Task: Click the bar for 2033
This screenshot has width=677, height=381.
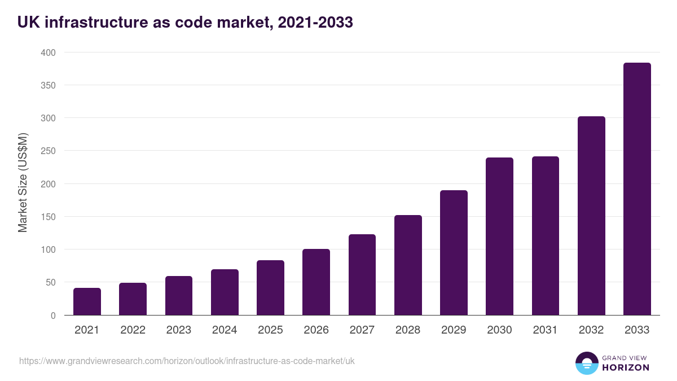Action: (x=637, y=189)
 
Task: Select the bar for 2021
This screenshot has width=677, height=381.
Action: (x=87, y=301)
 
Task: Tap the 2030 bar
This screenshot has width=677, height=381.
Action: (x=499, y=237)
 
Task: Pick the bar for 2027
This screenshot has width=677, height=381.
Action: (x=362, y=275)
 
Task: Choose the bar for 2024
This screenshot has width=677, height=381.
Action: (x=225, y=292)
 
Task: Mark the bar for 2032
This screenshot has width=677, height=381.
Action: (x=591, y=216)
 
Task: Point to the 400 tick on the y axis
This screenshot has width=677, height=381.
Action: (x=48, y=52)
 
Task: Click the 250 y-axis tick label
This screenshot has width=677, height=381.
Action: (x=48, y=151)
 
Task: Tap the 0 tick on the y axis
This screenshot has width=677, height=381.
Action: (x=53, y=316)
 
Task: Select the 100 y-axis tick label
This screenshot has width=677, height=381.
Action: (x=48, y=249)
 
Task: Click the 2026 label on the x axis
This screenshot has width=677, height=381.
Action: (x=316, y=330)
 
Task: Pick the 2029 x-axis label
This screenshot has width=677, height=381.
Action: (x=454, y=330)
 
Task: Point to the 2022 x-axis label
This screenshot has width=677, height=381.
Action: (x=133, y=330)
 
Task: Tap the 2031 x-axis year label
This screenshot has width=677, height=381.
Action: (x=545, y=330)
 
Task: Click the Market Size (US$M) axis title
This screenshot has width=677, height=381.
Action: (x=23, y=183)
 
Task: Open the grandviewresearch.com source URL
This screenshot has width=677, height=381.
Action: (x=187, y=361)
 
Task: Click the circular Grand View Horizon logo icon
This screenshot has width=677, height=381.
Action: (x=586, y=363)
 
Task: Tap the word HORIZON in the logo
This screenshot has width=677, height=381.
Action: (x=625, y=367)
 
